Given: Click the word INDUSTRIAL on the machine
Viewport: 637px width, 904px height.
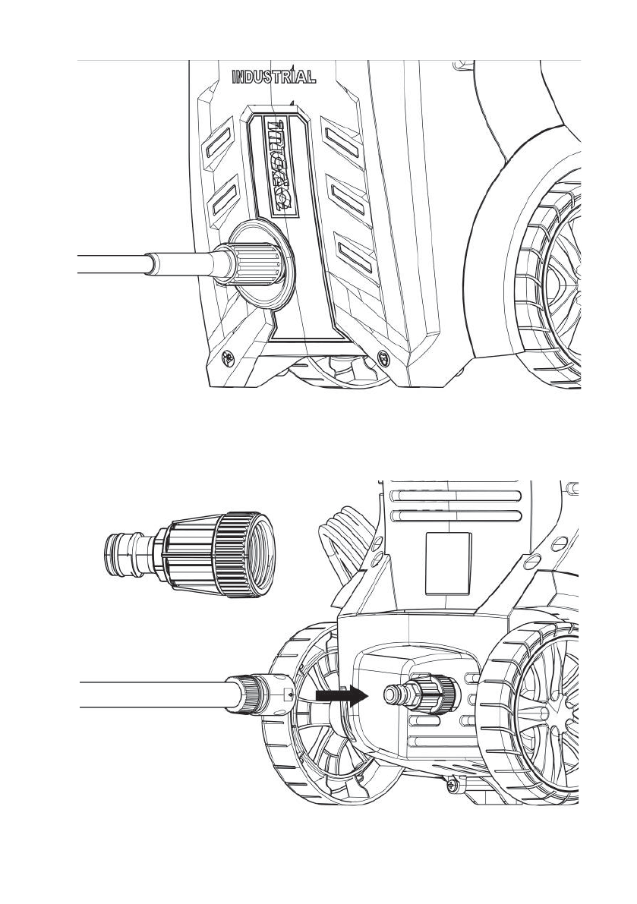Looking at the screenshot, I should click(273, 77).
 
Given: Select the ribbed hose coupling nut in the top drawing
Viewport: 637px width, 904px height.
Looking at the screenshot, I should click(255, 264).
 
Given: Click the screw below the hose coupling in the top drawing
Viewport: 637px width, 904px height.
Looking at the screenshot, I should click(226, 356).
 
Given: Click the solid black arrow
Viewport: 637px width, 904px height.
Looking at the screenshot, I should click(340, 695).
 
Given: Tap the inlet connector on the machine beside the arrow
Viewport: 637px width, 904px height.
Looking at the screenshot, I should click(418, 693).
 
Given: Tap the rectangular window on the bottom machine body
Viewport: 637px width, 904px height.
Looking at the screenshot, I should click(449, 562).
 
